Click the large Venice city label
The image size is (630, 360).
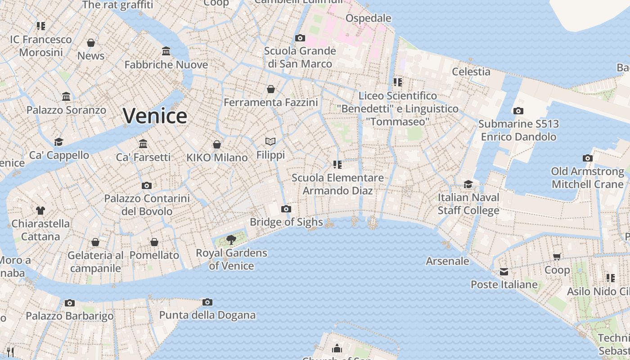pos(155,116)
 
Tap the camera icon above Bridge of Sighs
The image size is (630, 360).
pos(286,209)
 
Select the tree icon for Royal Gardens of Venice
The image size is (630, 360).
pos(231,239)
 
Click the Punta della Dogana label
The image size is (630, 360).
pos(207,315)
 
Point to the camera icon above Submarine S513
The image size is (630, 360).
pos(518,111)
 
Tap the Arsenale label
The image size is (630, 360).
pos(447,261)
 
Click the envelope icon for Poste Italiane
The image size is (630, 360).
pos(504,272)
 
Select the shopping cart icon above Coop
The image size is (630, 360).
pos(557,256)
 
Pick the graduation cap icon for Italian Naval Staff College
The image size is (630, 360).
pos(468,184)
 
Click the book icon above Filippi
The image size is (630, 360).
pos(270,142)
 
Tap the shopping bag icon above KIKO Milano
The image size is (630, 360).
pos(216,144)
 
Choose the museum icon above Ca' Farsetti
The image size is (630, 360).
pos(143,144)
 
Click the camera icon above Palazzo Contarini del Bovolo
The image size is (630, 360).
pos(146,185)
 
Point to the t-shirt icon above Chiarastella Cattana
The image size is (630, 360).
pos(40,210)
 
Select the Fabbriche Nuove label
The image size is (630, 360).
pos(166,65)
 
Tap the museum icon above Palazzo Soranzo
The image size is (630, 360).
pos(66,96)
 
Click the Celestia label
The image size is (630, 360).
pos(471,72)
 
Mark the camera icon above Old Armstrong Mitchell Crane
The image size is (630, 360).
pos(587,158)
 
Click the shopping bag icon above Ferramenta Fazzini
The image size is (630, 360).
pos(270,89)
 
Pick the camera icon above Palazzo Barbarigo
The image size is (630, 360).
pos(69,303)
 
